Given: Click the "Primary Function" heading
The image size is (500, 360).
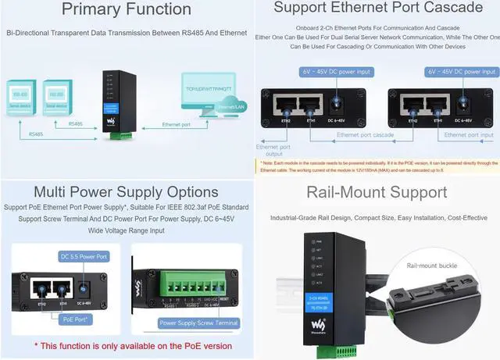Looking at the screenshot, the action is point(126,10).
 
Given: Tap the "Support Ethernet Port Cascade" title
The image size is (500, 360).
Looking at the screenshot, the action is point(378,8).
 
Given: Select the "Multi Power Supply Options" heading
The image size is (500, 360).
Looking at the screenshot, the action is point(126,192).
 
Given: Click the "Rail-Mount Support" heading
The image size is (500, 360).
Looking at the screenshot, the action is point(377,192).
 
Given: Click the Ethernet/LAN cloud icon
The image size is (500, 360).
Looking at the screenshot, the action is point(232,104).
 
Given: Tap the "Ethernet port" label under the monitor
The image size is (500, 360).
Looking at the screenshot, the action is point(181,125).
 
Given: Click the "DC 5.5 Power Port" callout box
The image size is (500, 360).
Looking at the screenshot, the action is point(84,256).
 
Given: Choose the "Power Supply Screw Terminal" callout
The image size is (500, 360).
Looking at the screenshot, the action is point(198,323).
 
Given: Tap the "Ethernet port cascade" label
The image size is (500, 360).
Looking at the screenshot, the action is point(365,135).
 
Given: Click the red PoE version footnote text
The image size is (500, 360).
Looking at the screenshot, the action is point(126,344).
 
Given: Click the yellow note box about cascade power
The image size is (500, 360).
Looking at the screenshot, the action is point(378,166).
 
